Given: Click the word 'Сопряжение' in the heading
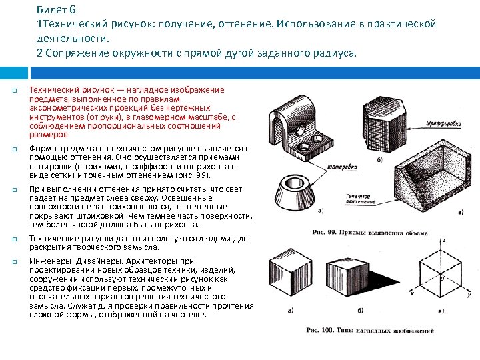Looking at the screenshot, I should tap(75, 53).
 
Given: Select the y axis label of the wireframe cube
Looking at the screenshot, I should tap(469, 295).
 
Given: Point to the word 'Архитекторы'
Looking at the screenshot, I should tap(156, 261).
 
